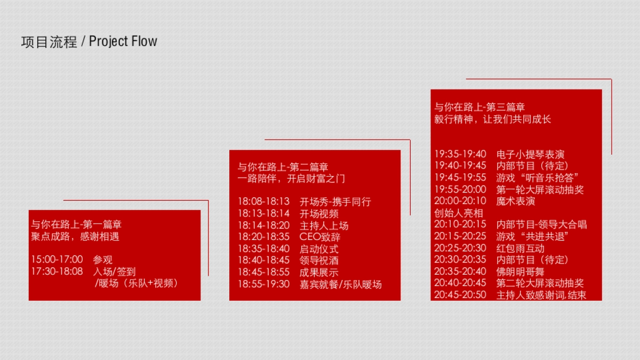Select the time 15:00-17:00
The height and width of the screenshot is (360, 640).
[57, 260]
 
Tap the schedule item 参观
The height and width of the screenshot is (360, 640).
[102, 260]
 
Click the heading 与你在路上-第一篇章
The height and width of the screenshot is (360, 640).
[76, 225]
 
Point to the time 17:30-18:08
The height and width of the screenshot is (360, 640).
[57, 271]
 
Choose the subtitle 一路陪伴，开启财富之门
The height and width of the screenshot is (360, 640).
[291, 179]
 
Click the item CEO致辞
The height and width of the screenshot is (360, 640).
[319, 237]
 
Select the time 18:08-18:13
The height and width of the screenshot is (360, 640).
[263, 202]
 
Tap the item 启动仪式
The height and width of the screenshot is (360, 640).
[319, 249]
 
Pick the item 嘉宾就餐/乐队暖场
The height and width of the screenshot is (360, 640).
[340, 284]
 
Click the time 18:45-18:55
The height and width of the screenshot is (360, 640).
[263, 272]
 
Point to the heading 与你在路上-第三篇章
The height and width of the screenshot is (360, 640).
[480, 107]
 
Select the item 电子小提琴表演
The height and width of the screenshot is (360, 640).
[530, 154]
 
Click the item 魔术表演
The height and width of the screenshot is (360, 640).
[515, 201]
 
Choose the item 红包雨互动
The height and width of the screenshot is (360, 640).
[520, 248]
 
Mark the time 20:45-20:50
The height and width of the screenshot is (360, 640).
[460, 295]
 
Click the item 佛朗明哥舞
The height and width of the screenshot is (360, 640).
[520, 271]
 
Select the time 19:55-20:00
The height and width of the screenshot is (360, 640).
[460, 189]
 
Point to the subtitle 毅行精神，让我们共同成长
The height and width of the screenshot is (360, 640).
[493, 119]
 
